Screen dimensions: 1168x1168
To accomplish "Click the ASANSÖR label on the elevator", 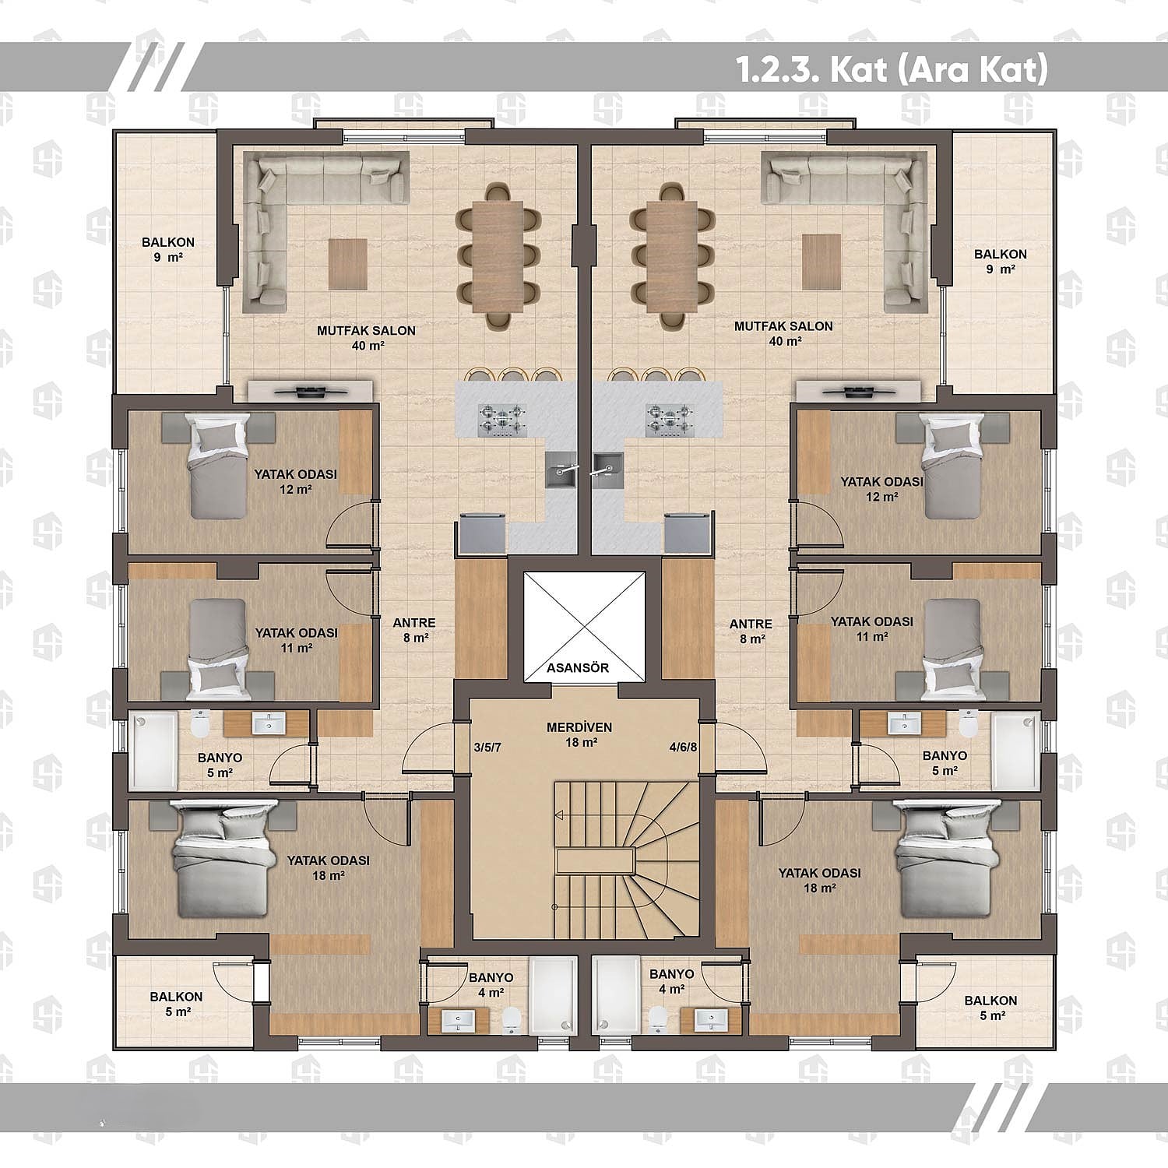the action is [x=577, y=668].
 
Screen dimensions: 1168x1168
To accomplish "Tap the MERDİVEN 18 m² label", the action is [x=579, y=735].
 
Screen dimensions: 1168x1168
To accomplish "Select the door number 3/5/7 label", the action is [x=487, y=748].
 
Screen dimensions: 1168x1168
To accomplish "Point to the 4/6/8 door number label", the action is [x=683, y=748].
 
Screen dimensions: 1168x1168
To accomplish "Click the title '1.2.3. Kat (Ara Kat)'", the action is [x=892, y=70].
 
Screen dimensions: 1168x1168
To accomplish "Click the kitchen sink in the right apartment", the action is [x=606, y=470].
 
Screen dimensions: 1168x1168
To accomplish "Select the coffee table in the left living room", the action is [x=347, y=264].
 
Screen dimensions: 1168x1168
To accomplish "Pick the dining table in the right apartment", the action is [x=671, y=254].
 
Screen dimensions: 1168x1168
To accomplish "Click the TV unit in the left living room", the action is [x=309, y=391].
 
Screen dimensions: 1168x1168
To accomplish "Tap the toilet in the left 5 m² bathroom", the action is [x=200, y=723].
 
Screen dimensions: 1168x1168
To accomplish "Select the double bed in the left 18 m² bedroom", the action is [x=223, y=859].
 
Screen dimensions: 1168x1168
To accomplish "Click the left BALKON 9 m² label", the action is [x=168, y=249].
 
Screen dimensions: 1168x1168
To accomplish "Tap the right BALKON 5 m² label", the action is [x=990, y=1008].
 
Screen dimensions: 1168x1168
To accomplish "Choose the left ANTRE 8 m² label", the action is [x=414, y=630].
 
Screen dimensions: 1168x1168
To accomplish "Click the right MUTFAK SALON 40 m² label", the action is [x=783, y=333].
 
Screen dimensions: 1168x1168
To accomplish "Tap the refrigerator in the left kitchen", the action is [x=482, y=533].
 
